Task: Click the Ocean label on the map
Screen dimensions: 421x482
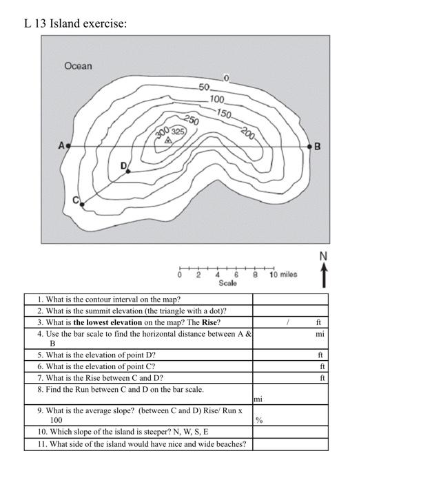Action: (78, 66)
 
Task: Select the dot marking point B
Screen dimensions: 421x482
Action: (309, 146)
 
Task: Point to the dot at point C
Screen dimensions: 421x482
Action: (82, 203)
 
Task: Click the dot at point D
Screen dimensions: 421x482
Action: (128, 171)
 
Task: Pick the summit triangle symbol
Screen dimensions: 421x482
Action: (167, 140)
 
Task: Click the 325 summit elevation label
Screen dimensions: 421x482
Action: (178, 131)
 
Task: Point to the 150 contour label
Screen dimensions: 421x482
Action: (224, 112)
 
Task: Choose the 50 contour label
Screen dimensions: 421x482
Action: (204, 87)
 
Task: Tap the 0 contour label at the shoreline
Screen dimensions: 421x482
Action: (225, 77)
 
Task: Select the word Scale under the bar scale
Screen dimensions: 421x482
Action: (227, 283)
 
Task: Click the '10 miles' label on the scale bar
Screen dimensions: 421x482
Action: (283, 274)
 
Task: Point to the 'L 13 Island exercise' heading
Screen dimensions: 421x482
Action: (75, 24)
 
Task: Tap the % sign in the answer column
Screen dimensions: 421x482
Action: (259, 420)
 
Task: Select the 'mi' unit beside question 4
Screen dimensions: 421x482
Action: (320, 333)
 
